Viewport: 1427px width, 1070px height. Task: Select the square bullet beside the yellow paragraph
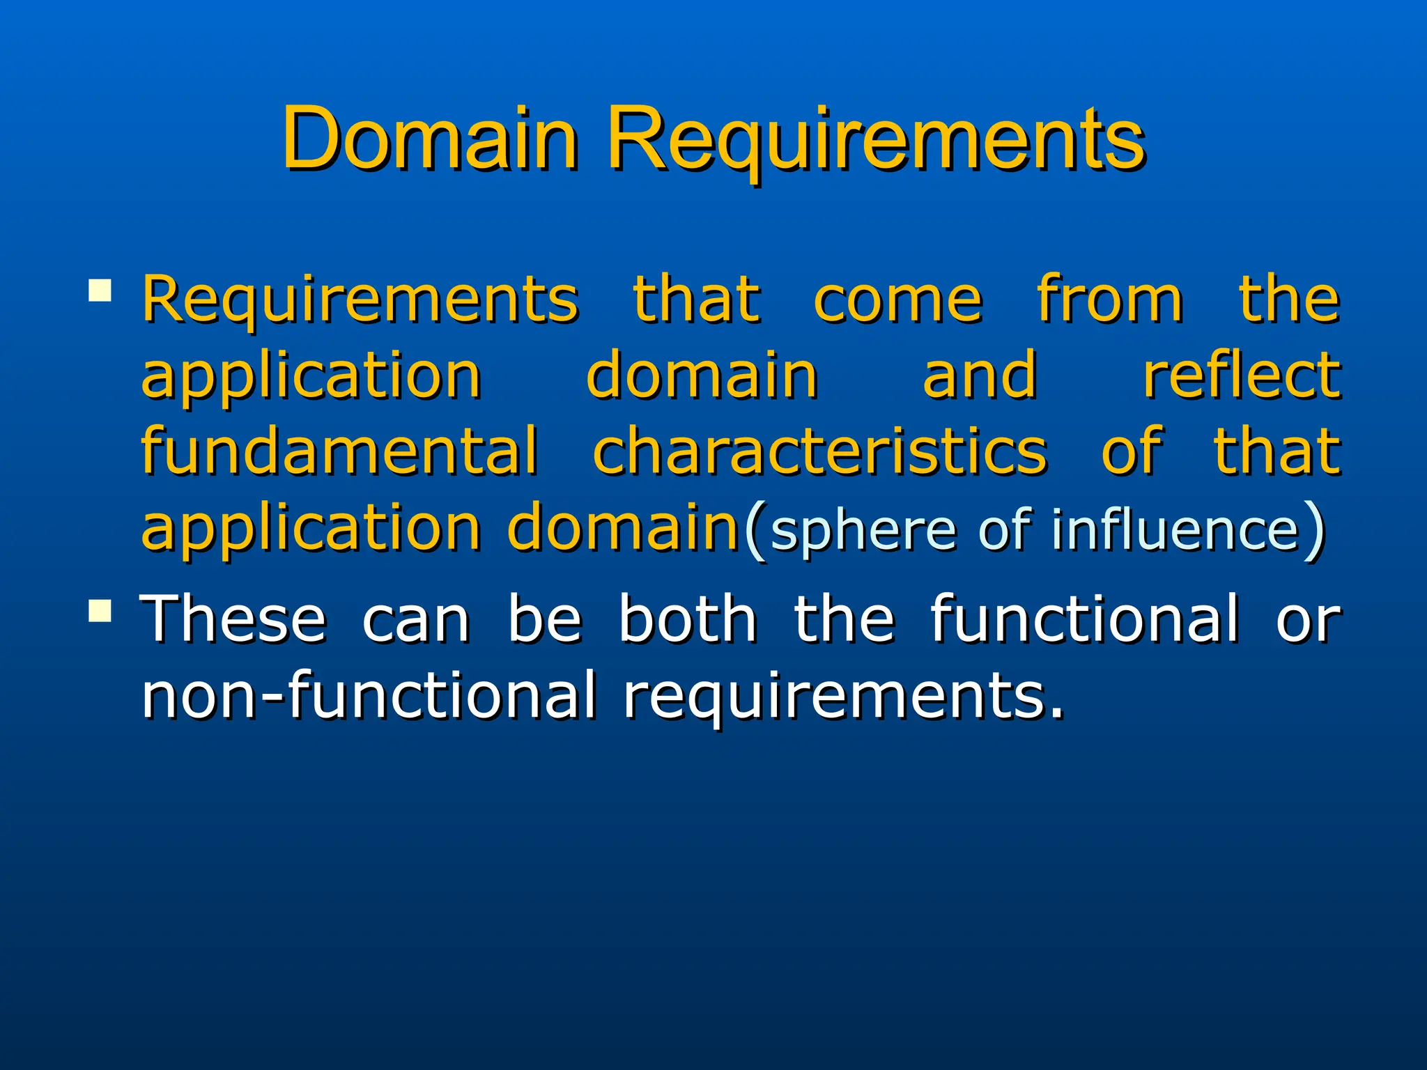pos(100,290)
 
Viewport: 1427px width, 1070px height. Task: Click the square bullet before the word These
pos(100,610)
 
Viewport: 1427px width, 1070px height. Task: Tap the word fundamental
pos(340,451)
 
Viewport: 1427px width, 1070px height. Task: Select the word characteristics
pos(819,451)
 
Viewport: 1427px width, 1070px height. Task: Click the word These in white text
pos(233,619)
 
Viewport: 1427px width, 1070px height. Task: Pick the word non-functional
pos(369,695)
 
